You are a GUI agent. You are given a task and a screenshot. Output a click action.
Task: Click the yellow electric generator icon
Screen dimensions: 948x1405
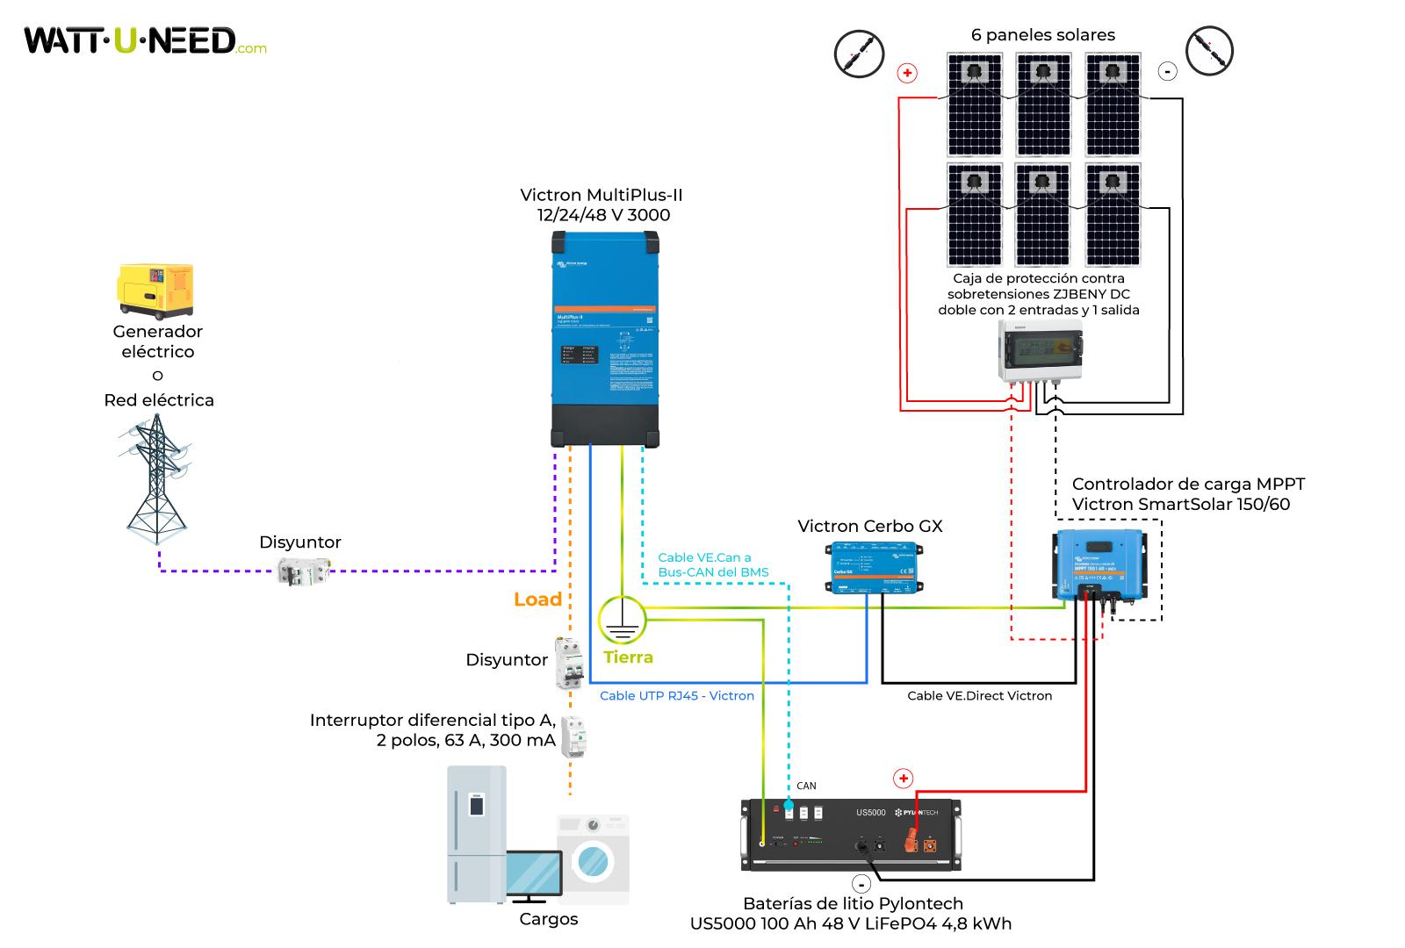click(x=155, y=291)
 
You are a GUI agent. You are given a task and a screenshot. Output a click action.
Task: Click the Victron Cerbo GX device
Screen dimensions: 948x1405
click(x=874, y=568)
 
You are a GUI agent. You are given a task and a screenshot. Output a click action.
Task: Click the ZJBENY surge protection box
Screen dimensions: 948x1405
click(x=1040, y=350)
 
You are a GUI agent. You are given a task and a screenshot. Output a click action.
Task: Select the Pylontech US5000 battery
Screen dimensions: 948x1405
click(x=850, y=835)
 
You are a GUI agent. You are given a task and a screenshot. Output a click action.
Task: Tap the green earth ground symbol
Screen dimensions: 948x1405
click(x=622, y=620)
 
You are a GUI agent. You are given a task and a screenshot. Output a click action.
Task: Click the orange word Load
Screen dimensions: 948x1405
click(x=537, y=600)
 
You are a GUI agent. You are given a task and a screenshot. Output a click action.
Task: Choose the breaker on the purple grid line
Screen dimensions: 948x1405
click(x=303, y=571)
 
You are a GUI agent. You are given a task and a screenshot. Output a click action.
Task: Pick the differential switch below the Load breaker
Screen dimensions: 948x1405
click(x=573, y=736)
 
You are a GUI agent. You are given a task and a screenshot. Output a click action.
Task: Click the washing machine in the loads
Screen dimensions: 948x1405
click(x=594, y=858)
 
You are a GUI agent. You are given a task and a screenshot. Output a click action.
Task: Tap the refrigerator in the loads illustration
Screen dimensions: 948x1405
click(x=477, y=834)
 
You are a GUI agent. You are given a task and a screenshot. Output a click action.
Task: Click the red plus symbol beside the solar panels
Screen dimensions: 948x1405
click(x=907, y=73)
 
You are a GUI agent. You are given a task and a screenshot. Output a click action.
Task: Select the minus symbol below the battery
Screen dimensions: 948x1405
click(x=861, y=884)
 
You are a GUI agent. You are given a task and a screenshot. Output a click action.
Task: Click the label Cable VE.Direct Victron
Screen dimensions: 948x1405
click(x=979, y=696)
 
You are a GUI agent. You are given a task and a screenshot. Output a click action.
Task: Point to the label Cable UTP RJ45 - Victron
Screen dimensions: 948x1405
click(x=676, y=696)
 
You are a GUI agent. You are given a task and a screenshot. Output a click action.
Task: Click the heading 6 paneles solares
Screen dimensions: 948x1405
click(x=1042, y=35)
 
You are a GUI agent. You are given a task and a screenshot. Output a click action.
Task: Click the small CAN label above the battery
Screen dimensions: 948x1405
click(x=806, y=786)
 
